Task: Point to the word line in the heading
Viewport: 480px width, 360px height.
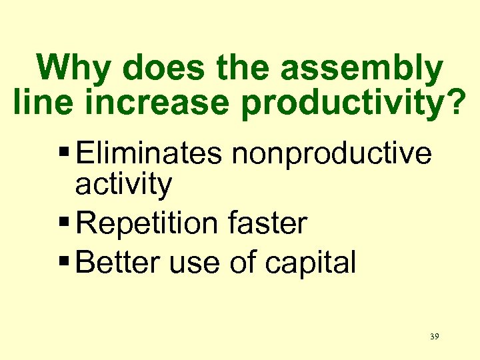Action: [x=39, y=103]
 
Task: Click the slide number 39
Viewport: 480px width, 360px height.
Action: [x=434, y=337]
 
